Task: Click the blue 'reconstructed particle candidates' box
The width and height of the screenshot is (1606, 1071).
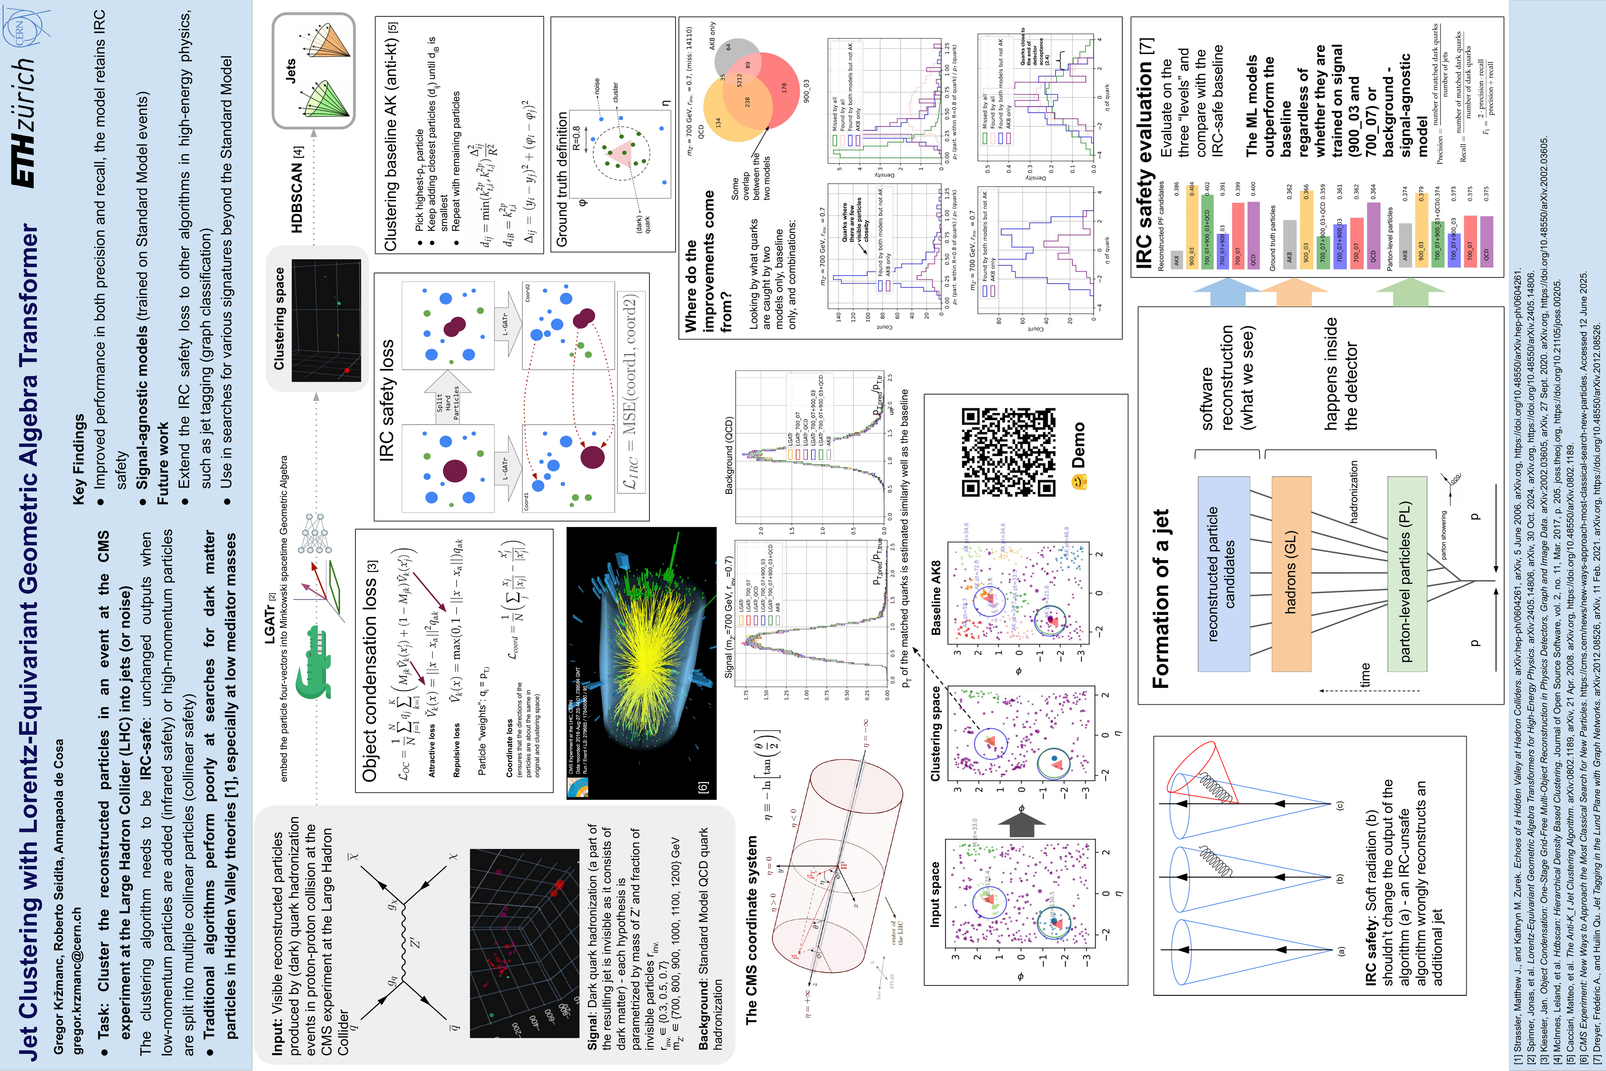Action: point(1223,574)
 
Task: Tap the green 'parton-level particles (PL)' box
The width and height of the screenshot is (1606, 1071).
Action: point(1407,574)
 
